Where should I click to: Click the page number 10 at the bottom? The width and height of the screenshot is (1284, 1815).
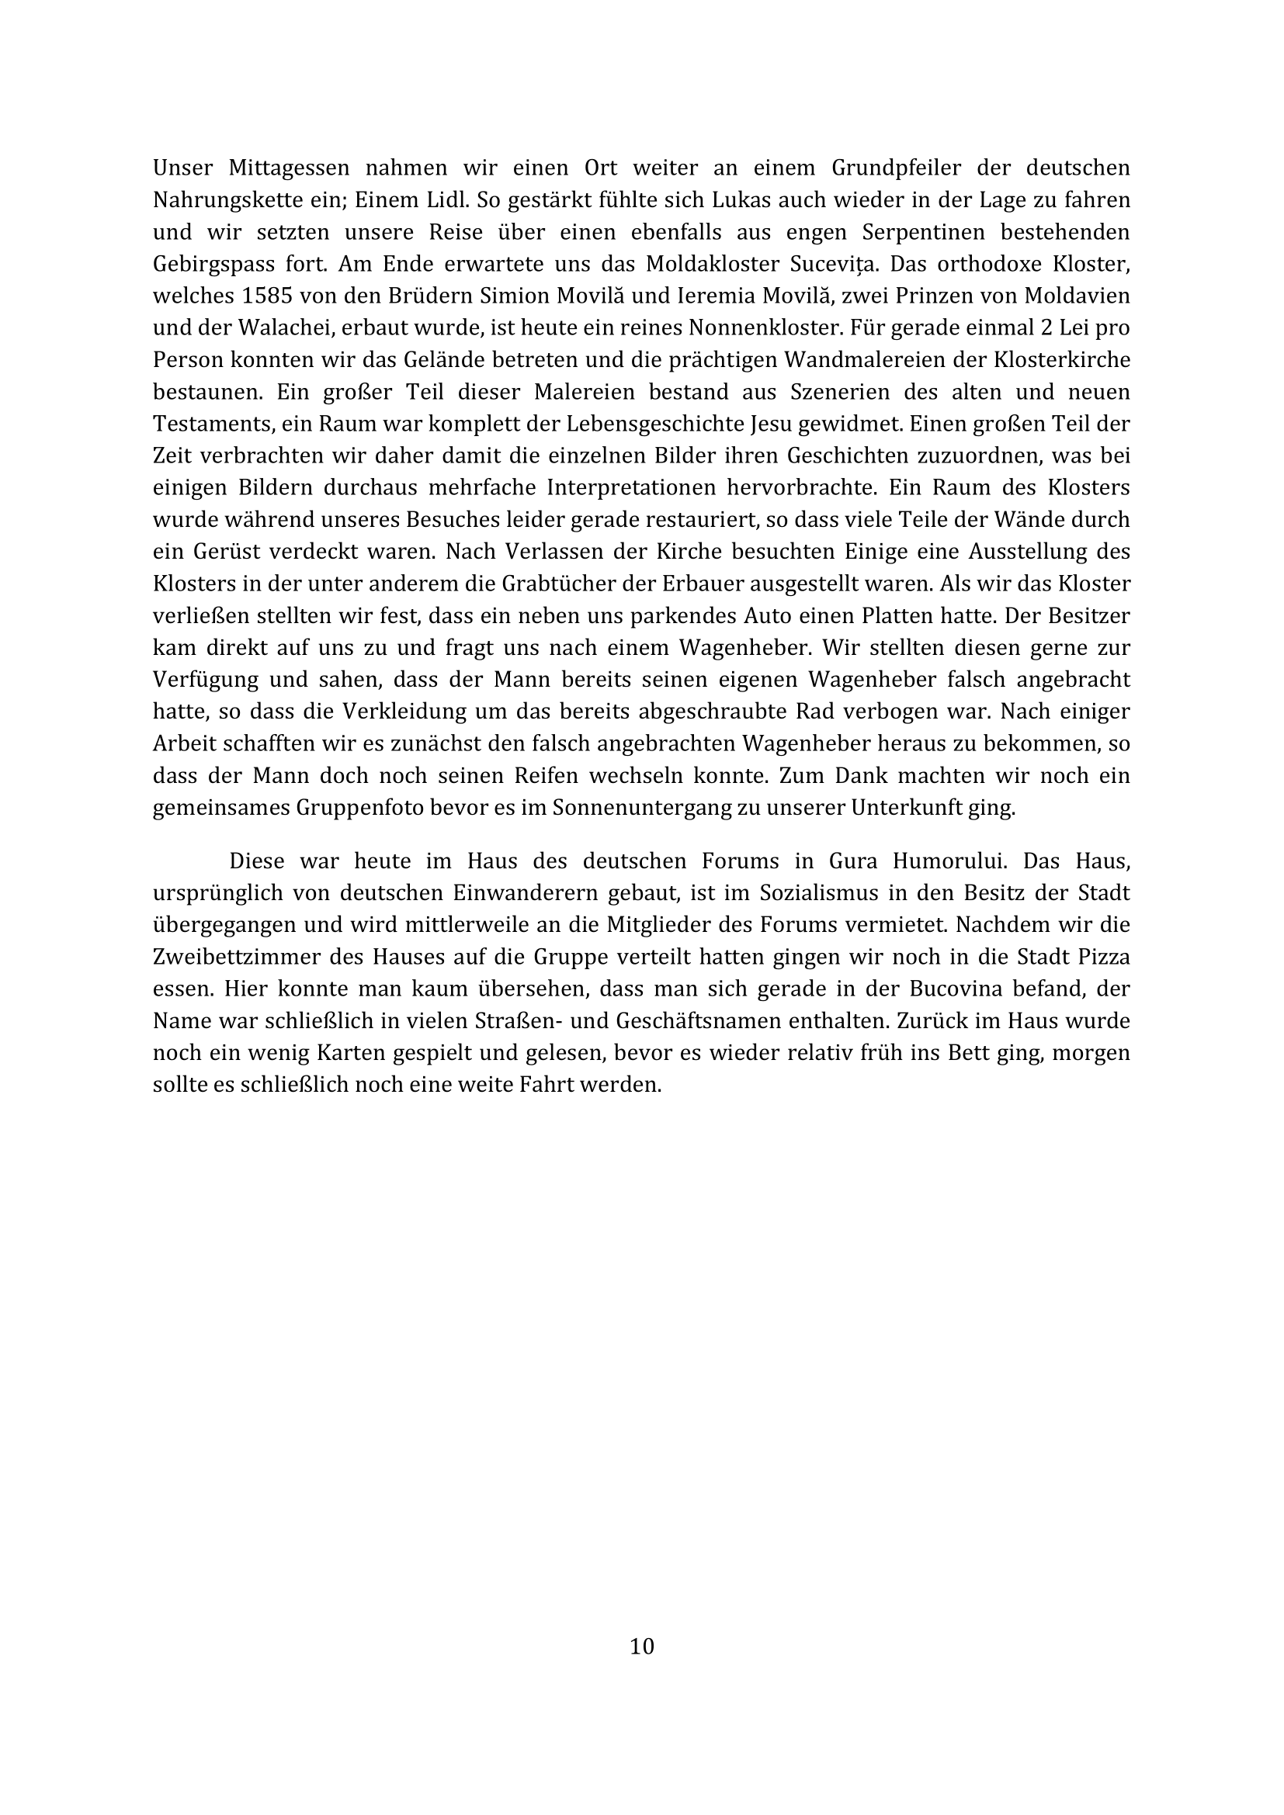pyautogui.click(x=642, y=1647)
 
